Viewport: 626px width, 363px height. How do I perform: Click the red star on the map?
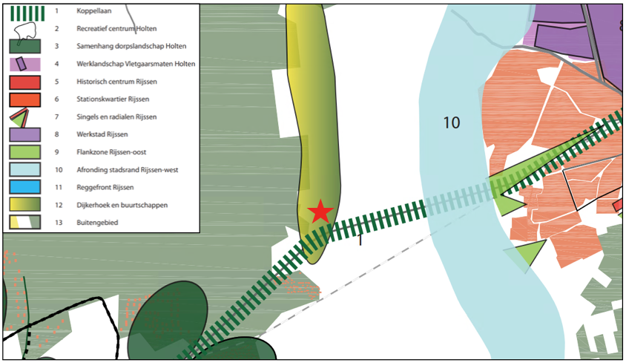click(x=320, y=212)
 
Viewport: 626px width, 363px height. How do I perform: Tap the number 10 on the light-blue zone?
click(x=451, y=122)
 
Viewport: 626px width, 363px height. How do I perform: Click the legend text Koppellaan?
click(x=93, y=11)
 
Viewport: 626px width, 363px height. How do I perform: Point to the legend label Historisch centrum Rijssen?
click(x=116, y=82)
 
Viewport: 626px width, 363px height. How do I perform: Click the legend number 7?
click(x=56, y=117)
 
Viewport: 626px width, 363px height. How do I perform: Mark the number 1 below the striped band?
click(x=360, y=239)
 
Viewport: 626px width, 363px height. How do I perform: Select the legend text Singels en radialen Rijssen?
click(x=116, y=117)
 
